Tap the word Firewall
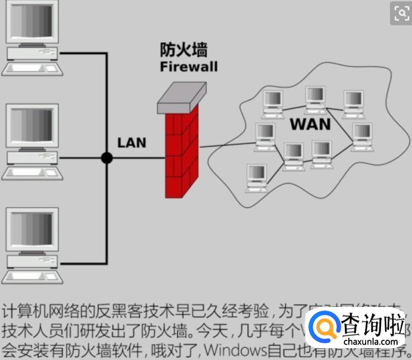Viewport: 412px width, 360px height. pos(188,66)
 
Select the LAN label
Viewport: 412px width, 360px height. pos(132,142)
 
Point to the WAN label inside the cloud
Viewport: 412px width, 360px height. pos(310,125)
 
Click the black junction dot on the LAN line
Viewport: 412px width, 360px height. pos(107,158)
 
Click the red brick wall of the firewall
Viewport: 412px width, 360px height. pos(181,155)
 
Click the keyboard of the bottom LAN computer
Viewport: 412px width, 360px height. pos(31,276)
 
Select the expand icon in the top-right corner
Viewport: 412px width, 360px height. pos(400,13)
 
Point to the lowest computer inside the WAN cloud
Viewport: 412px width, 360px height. pos(257,177)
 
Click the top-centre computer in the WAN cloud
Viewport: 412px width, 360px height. pos(314,98)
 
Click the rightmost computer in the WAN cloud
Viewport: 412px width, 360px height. pos(361,136)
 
